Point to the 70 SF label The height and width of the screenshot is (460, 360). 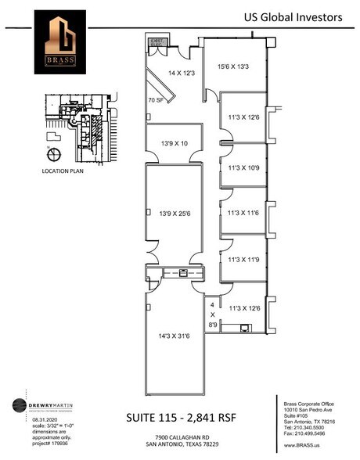point(156,101)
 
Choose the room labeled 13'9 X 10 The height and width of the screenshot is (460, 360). point(175,144)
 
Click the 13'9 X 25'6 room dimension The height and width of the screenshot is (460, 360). point(175,213)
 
